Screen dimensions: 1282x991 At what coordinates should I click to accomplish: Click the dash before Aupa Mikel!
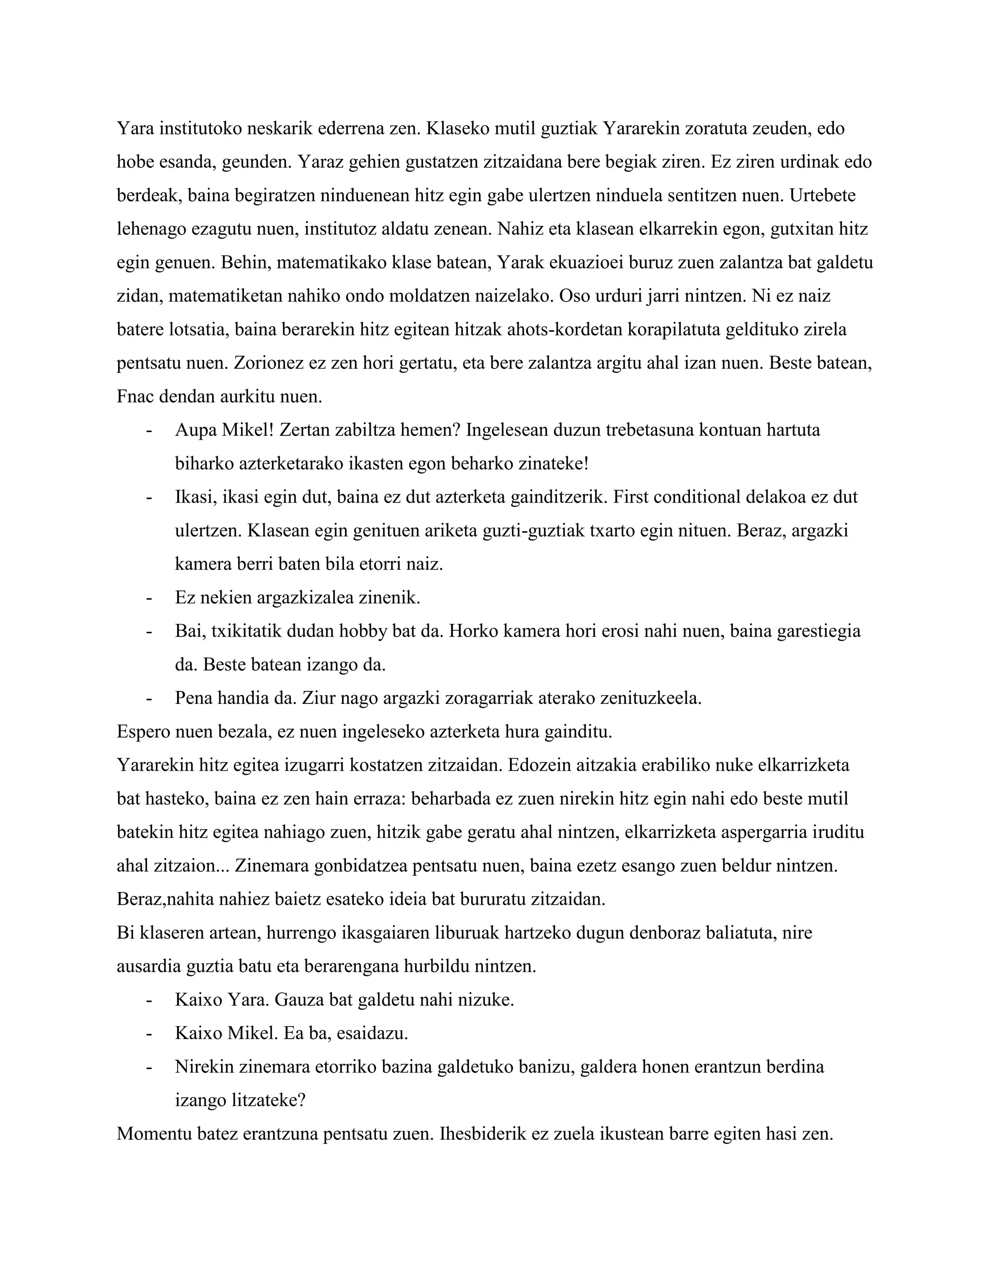[149, 430]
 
